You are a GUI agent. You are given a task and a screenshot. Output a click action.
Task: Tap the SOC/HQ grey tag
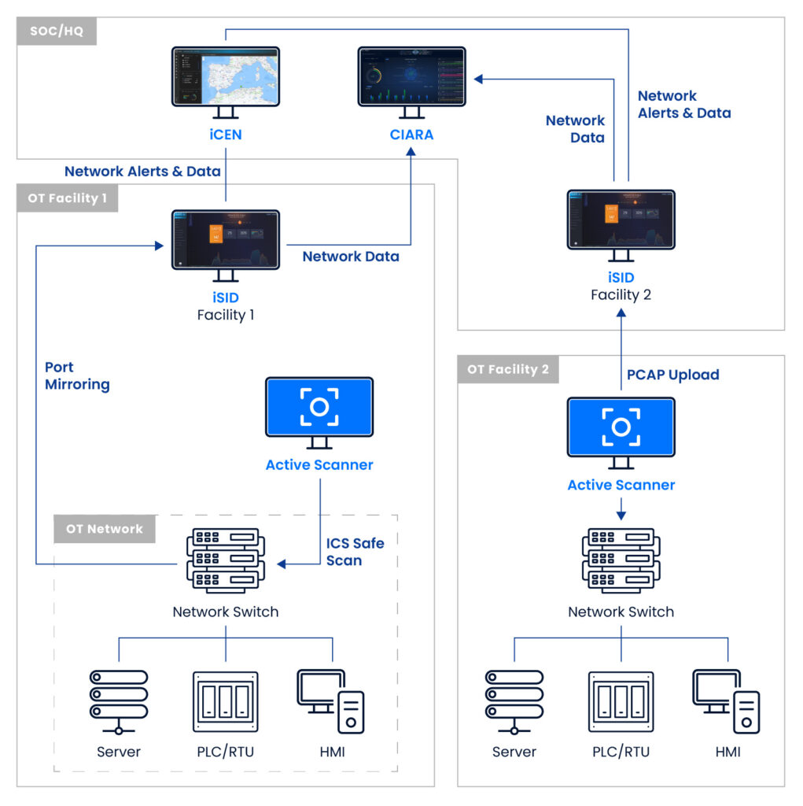pos(57,32)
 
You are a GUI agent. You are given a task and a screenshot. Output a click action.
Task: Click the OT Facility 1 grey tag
pos(68,198)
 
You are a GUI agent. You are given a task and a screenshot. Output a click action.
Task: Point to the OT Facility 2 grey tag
pos(508,369)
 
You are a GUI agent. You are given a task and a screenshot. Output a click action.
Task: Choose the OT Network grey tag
pos(105,529)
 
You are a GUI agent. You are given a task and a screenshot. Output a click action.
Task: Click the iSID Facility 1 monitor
pos(226,239)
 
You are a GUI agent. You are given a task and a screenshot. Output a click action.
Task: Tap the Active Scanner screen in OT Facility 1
pos(319,406)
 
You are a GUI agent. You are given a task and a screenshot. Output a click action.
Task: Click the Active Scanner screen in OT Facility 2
pos(621,427)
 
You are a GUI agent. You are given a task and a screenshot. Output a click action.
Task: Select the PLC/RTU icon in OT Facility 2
pos(621,701)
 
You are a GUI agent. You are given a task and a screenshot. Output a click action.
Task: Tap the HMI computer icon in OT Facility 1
pos(331,701)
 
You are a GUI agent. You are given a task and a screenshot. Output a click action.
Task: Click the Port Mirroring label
pos(77,376)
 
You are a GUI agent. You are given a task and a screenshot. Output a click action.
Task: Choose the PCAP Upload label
pos(672,375)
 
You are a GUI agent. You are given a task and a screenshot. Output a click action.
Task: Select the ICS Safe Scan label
pos(355,552)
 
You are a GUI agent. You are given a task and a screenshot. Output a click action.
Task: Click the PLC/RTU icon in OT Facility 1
pos(226,701)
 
